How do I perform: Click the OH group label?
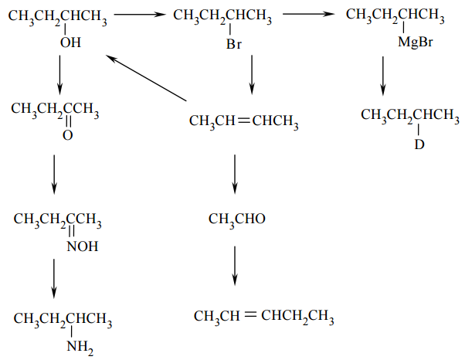[70, 43]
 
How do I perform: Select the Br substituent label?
[234, 45]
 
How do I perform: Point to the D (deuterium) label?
[419, 144]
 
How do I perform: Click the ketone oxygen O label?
[68, 136]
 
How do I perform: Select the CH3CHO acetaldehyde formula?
[236, 220]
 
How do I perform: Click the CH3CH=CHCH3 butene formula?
[243, 121]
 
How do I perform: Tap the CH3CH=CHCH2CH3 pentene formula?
[263, 317]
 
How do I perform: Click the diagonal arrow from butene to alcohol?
[147, 78]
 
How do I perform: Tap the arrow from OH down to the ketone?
[59, 76]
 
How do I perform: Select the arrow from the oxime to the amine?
[54, 278]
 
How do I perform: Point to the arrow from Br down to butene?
[251, 76]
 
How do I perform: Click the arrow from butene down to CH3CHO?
[235, 173]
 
